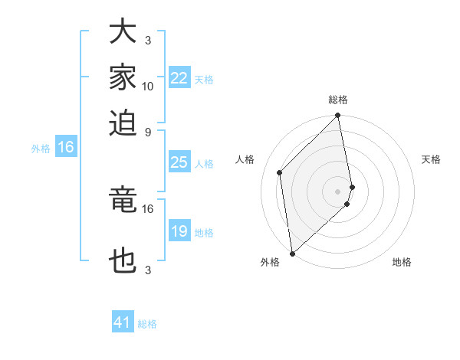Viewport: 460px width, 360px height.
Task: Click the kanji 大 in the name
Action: tap(123, 31)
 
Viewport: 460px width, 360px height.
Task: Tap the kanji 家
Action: tap(123, 77)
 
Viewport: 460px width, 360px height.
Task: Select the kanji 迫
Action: tap(123, 122)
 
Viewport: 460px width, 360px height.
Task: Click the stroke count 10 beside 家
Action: tap(148, 86)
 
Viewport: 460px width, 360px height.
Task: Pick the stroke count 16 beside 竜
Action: tap(148, 208)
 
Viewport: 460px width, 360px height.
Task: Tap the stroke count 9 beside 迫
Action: tap(148, 131)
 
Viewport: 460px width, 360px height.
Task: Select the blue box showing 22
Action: tap(179, 78)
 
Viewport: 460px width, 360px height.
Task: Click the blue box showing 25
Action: tap(179, 162)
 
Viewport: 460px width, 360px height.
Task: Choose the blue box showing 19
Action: tap(179, 231)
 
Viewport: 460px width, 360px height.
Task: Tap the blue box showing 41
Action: tap(123, 322)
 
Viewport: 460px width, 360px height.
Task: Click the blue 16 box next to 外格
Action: tap(66, 148)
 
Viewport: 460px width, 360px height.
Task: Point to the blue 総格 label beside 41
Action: tap(147, 324)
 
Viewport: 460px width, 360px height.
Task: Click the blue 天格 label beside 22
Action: tap(204, 80)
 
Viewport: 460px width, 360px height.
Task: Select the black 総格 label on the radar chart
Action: tap(338, 100)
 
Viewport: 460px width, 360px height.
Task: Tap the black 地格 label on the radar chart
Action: tap(402, 262)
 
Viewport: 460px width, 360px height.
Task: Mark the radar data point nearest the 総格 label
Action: tap(338, 116)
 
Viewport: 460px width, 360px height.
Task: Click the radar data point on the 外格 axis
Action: tap(292, 253)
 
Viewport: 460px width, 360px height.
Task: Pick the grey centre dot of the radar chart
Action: tap(338, 191)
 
